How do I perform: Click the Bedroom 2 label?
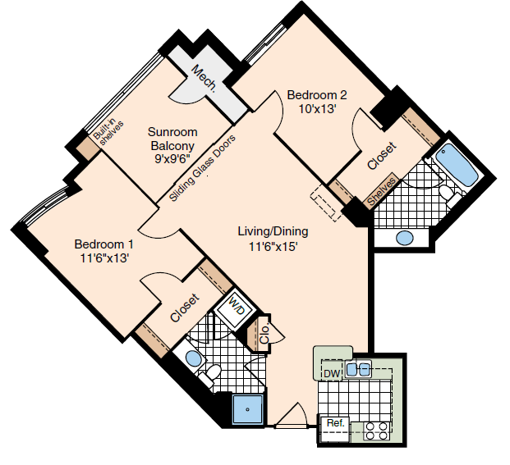(x=317, y=95)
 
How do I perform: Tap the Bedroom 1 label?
(x=103, y=244)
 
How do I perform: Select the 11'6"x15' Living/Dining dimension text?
(x=273, y=247)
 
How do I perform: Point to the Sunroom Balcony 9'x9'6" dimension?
(x=172, y=159)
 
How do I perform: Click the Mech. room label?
(x=204, y=79)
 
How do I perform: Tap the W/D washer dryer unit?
(x=235, y=308)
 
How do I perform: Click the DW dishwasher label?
(x=332, y=374)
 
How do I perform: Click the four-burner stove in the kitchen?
(x=377, y=431)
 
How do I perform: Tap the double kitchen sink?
(x=358, y=370)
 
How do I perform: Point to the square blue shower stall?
(x=248, y=409)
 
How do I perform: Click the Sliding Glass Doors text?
(x=202, y=168)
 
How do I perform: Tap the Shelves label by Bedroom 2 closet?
(x=382, y=192)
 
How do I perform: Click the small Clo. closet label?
(x=264, y=333)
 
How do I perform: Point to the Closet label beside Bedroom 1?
(x=184, y=308)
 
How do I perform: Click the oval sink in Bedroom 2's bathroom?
(x=405, y=238)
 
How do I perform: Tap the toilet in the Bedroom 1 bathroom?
(x=211, y=374)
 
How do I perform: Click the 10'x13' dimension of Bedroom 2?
(x=317, y=109)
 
